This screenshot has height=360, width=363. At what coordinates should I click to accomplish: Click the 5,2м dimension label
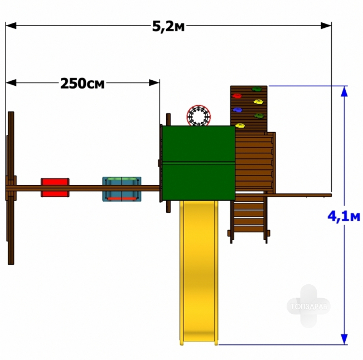pyautogui.click(x=168, y=26)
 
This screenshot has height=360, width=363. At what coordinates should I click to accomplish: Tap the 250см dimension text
pyautogui.click(x=83, y=84)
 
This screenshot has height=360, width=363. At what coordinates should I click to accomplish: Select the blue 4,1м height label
pyautogui.click(x=344, y=217)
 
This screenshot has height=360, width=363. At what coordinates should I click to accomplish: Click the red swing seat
pyautogui.click(x=55, y=187)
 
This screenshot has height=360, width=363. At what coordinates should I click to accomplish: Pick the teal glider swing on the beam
pyautogui.click(x=122, y=189)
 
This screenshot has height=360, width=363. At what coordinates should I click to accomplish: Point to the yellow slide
pyautogui.click(x=199, y=273)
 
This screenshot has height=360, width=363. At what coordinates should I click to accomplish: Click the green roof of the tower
pyautogui.click(x=199, y=163)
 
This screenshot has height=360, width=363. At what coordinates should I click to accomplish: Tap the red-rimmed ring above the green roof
pyautogui.click(x=199, y=115)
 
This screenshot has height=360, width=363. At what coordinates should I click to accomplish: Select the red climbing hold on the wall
pyautogui.click(x=237, y=96)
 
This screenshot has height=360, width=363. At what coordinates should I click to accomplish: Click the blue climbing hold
pyautogui.click(x=238, y=110)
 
